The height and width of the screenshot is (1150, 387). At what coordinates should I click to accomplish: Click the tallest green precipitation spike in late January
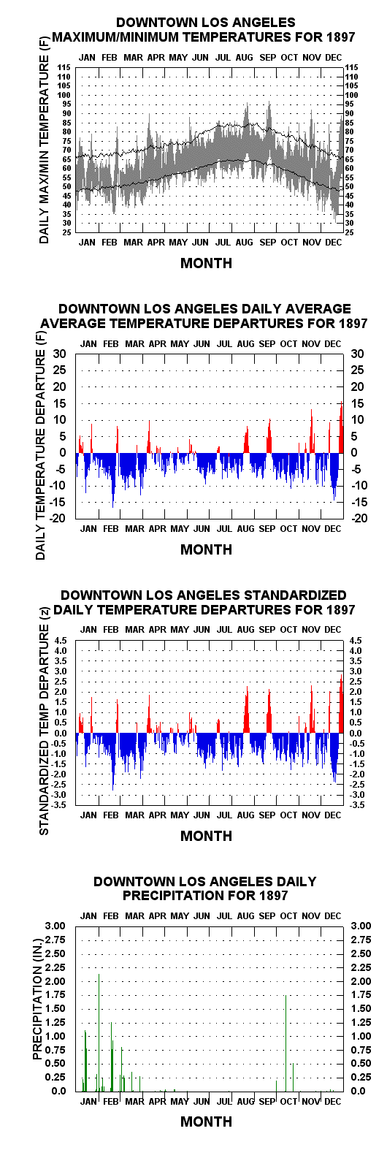[x=99, y=1032]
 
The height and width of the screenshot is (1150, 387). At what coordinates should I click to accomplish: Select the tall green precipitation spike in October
[x=286, y=1043]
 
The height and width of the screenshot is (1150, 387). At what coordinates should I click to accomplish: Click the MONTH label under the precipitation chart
[x=207, y=1122]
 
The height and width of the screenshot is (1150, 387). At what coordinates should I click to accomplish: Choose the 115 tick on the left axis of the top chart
[x=64, y=67]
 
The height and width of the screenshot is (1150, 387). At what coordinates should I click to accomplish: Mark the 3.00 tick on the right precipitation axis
[x=361, y=926]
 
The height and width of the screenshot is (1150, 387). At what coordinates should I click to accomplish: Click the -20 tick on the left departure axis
[x=58, y=518]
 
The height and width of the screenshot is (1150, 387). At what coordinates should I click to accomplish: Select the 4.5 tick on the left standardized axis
[x=60, y=640]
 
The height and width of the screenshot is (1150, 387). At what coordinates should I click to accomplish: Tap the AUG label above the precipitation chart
[x=245, y=916]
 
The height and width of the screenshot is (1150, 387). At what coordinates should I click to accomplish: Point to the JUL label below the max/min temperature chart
[x=223, y=243]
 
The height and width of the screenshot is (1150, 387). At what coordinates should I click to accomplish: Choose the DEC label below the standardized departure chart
[x=332, y=815]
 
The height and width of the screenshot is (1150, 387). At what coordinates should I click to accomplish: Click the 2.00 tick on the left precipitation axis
[x=55, y=981]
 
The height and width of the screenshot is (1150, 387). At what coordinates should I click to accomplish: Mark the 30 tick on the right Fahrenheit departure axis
[x=357, y=354]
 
